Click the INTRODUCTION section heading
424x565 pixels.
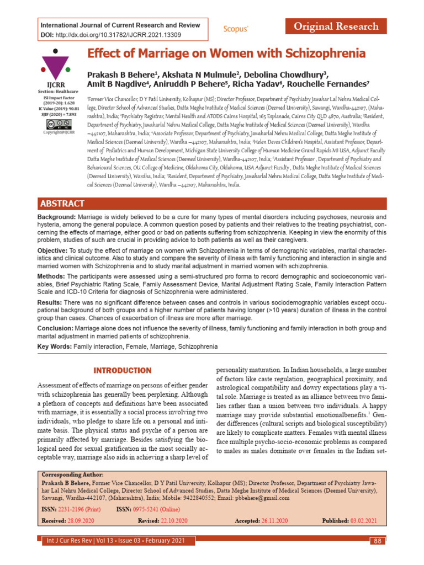click(x=122, y=370)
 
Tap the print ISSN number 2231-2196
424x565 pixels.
click(x=73, y=509)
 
